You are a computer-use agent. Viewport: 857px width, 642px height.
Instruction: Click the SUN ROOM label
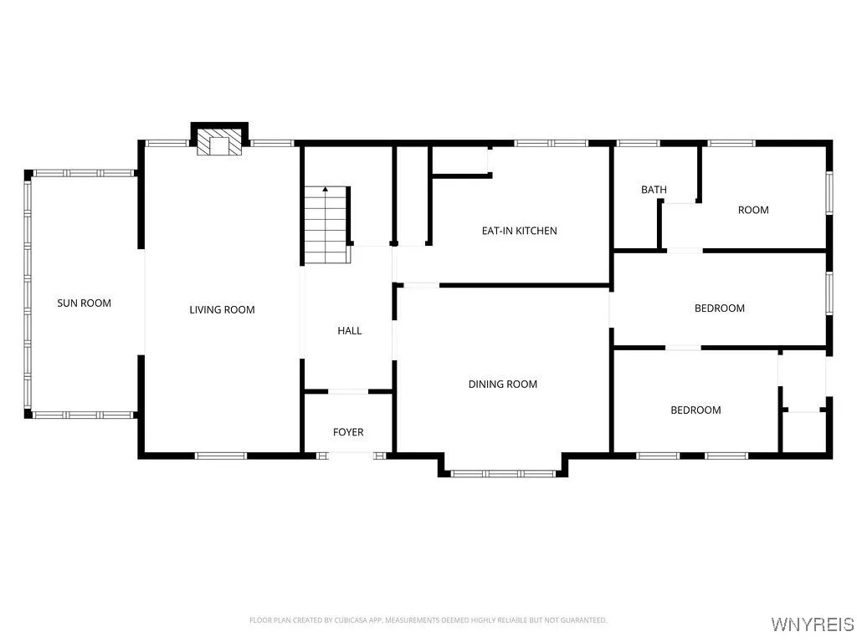84,303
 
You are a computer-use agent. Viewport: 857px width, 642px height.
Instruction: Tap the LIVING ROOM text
222,310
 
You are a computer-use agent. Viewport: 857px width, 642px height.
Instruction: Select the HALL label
349,331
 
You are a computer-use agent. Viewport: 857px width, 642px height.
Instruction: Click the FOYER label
348,432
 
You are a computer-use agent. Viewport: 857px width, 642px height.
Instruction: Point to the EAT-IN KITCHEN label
519,231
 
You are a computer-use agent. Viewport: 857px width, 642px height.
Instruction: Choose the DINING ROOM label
502,385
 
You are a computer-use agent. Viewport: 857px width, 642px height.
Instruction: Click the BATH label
654,190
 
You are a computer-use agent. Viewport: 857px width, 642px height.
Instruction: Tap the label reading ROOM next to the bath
753,210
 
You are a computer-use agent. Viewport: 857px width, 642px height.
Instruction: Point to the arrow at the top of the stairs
326,190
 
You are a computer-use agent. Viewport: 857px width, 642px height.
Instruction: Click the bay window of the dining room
503,473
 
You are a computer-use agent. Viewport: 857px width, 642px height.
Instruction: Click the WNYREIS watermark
812,624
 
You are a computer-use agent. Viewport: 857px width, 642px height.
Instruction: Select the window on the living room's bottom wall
221,456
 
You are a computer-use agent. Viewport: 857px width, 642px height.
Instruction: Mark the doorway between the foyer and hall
347,391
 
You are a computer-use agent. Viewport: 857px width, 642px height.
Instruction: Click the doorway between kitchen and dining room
421,286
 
